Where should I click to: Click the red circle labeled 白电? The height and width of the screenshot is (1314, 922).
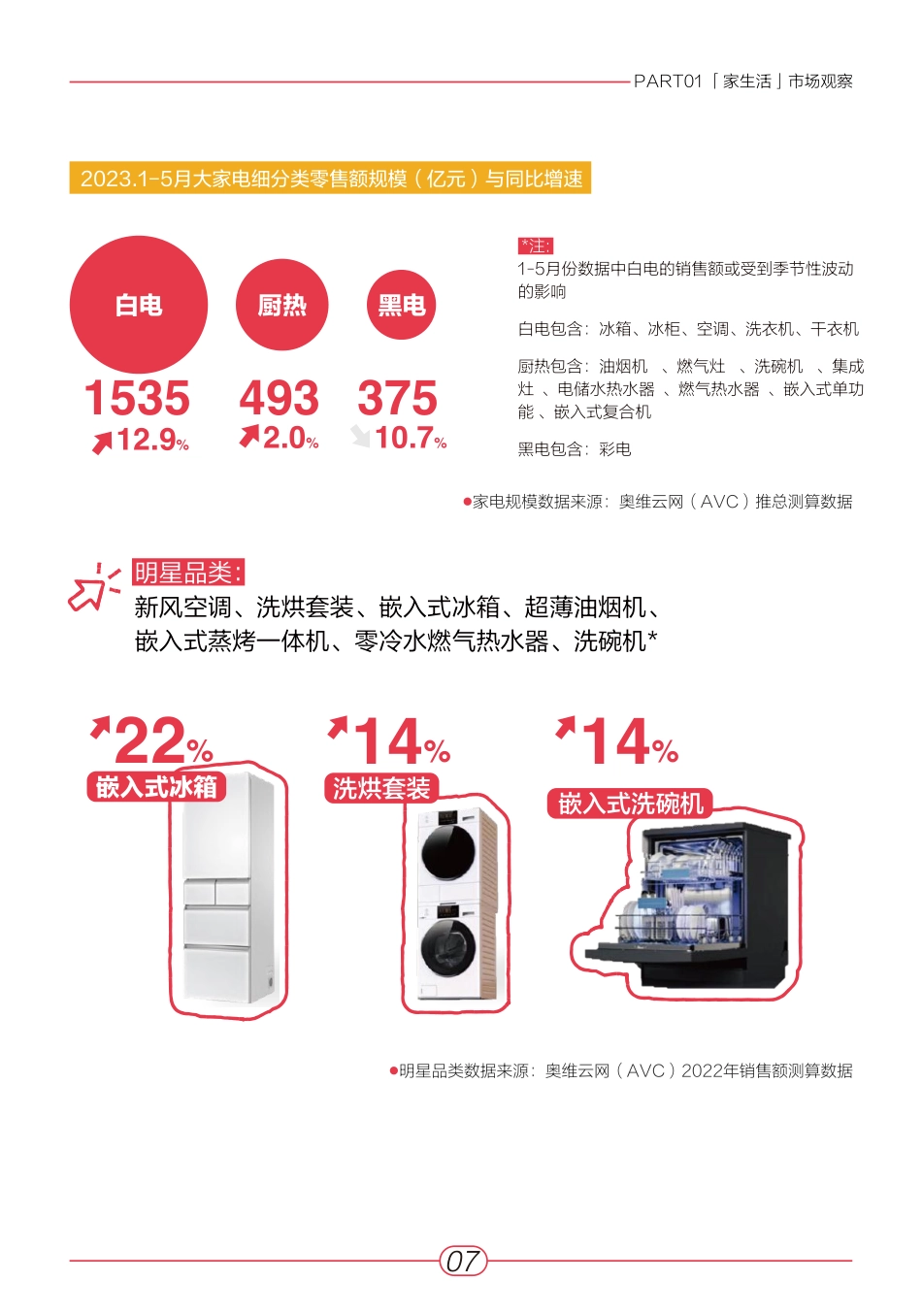[139, 305]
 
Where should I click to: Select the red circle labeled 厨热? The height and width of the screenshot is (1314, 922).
[282, 305]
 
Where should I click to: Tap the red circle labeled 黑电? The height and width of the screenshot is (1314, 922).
[402, 305]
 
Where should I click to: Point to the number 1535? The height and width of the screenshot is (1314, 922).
[137, 398]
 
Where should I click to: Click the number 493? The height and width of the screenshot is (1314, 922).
[280, 398]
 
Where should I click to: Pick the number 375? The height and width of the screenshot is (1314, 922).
[397, 398]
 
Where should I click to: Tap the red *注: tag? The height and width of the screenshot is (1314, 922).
[535, 246]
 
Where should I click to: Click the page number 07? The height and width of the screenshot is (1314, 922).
[462, 1261]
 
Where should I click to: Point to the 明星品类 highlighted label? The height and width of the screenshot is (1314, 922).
[187, 573]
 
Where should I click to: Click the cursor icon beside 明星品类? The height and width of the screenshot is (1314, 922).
[92, 587]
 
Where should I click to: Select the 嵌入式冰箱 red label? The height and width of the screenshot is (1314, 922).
[156, 786]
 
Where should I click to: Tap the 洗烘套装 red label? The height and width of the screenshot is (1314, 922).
[381, 788]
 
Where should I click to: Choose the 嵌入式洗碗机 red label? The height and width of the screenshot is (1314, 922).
[631, 804]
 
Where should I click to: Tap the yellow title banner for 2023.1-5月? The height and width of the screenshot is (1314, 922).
[330, 179]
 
